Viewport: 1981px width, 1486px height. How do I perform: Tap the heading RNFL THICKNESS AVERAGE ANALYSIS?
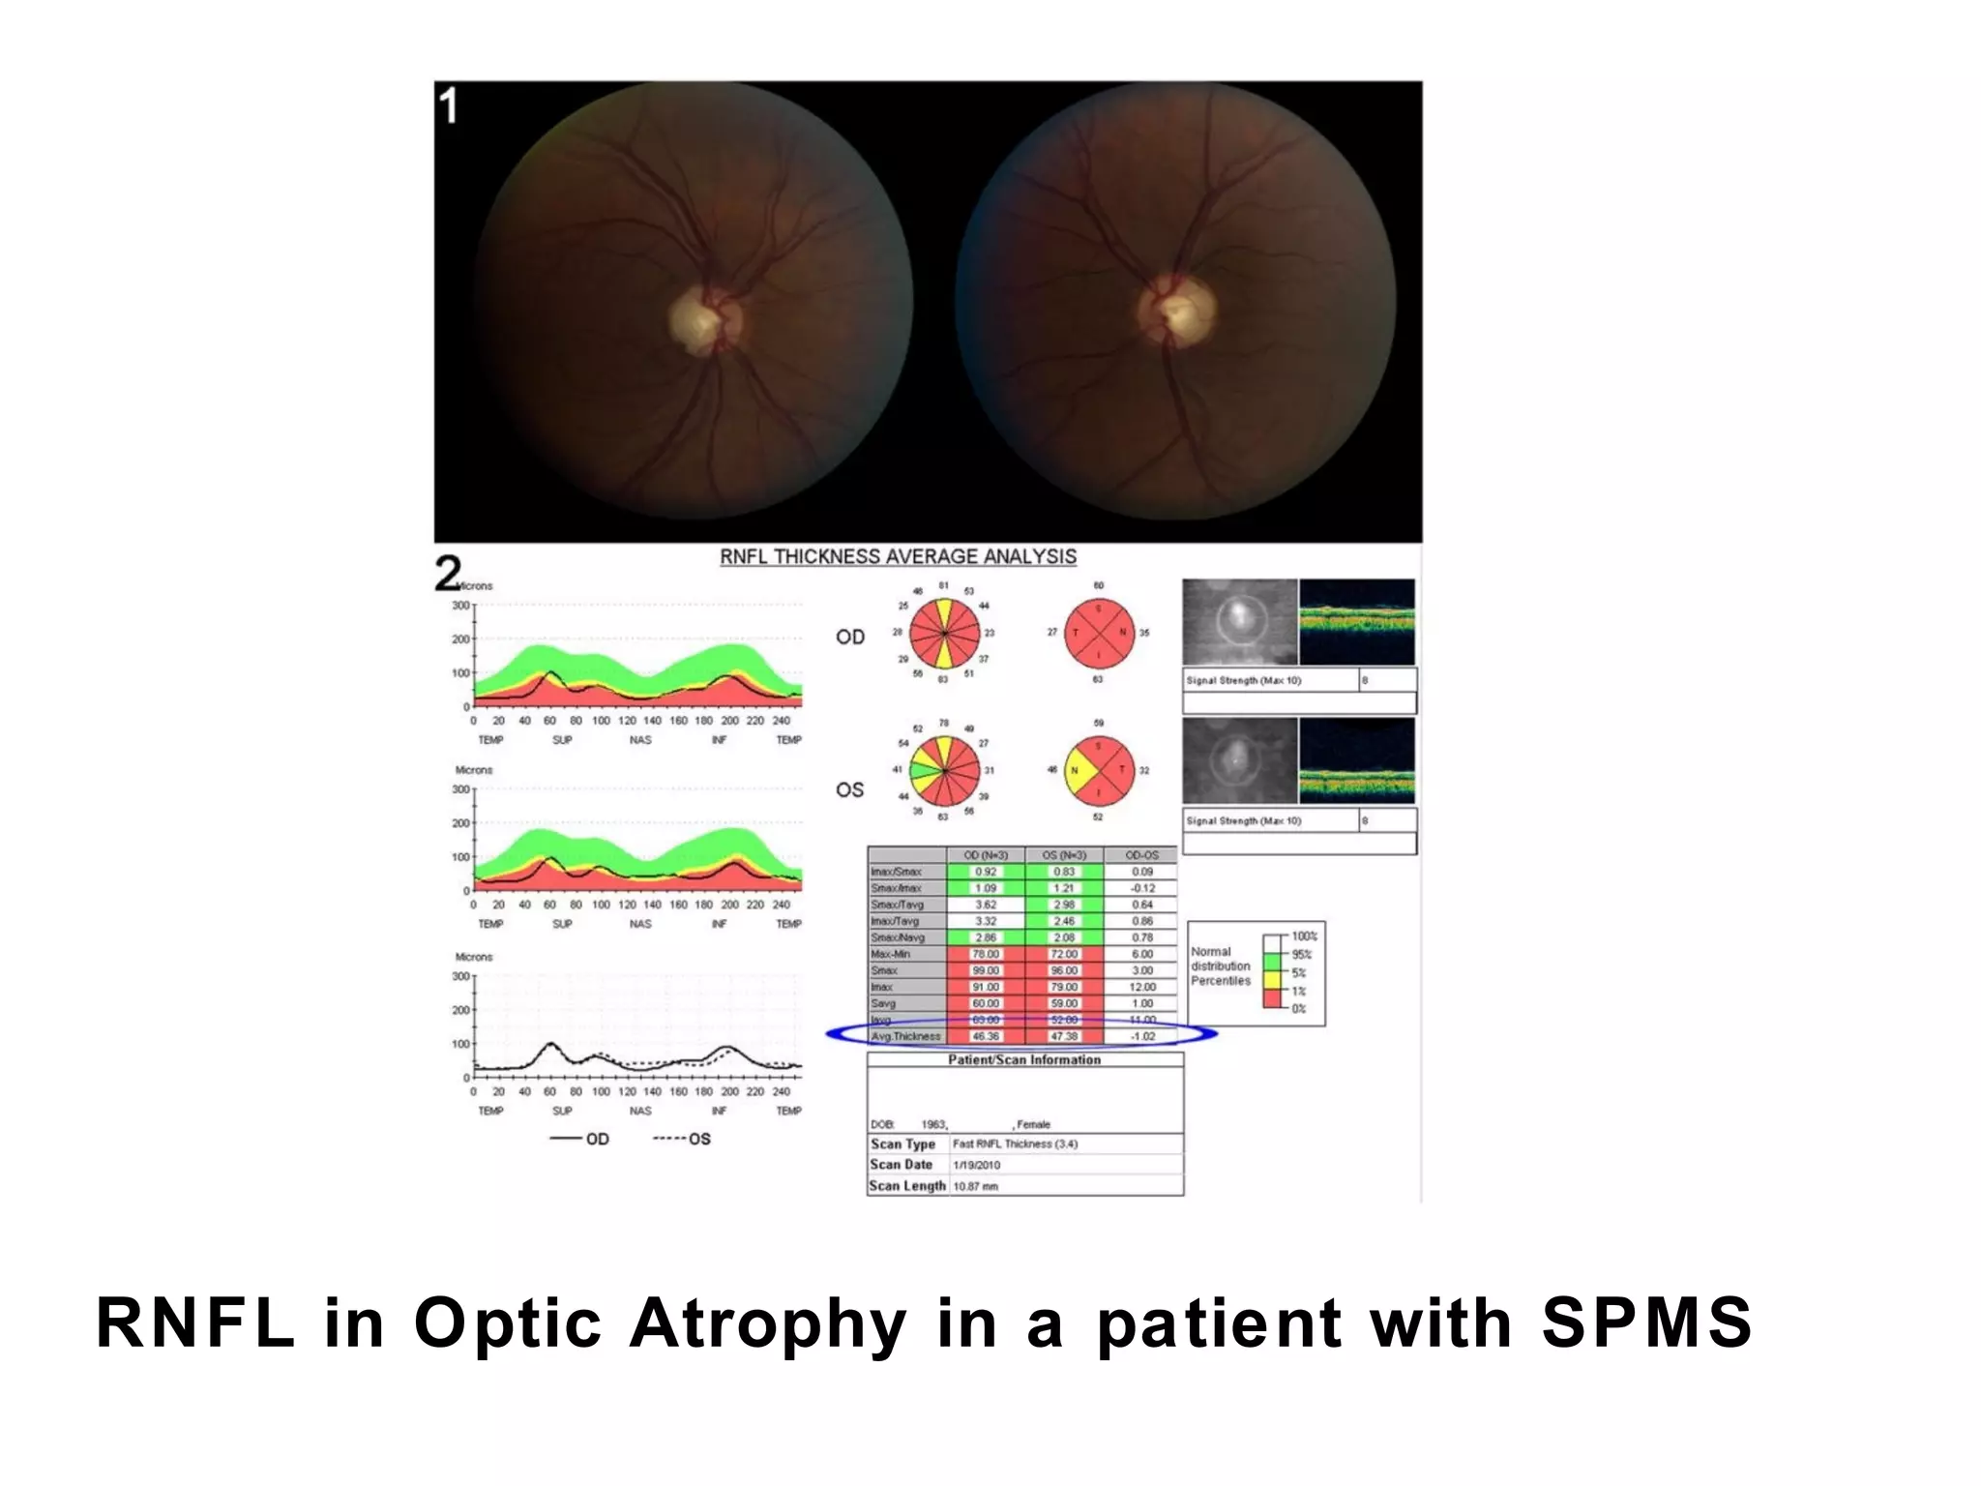(898, 556)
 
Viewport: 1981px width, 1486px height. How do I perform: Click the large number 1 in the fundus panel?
(449, 105)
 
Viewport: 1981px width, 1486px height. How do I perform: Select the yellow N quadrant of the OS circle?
(1076, 771)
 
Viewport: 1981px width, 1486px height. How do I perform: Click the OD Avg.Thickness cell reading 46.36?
(986, 1036)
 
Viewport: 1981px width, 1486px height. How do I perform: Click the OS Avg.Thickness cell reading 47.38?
(1064, 1036)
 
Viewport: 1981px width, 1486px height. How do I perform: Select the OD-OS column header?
(1141, 855)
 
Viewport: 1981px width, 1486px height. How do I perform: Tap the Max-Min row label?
(890, 954)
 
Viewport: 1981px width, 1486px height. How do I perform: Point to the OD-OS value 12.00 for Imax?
(1142, 987)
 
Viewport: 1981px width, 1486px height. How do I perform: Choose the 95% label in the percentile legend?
(1302, 955)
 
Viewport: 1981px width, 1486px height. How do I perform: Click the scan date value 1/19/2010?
(977, 1165)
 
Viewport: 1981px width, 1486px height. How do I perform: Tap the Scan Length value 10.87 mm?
(975, 1186)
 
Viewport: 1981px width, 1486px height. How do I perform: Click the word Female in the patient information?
(1033, 1124)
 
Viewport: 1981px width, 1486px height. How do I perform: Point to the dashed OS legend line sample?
(668, 1139)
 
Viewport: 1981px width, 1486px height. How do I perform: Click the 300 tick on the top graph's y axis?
(460, 606)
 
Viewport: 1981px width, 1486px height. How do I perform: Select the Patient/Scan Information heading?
(1024, 1060)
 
